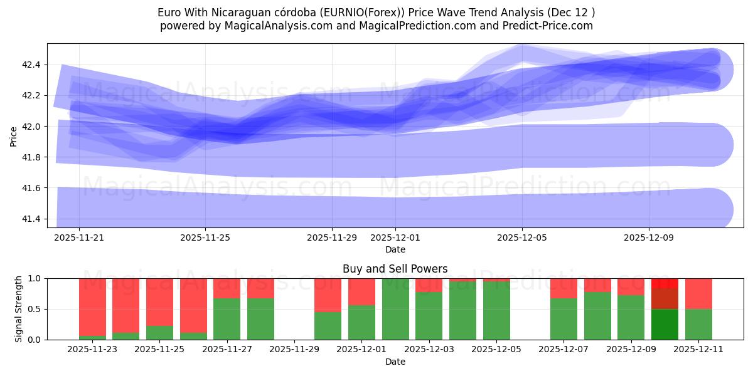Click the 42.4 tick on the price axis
point(31,65)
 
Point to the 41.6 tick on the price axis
point(31,188)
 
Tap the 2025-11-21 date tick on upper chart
point(79,238)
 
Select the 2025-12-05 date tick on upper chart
point(523,238)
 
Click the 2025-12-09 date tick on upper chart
point(649,238)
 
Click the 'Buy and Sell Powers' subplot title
point(395,269)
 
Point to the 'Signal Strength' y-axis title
point(19,309)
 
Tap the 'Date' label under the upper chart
point(395,249)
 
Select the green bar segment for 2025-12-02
point(395,309)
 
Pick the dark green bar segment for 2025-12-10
point(665,324)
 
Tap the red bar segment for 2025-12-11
point(698,293)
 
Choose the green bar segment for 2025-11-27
point(227,319)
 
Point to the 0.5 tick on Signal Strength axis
point(35,309)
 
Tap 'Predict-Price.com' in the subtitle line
point(552,26)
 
